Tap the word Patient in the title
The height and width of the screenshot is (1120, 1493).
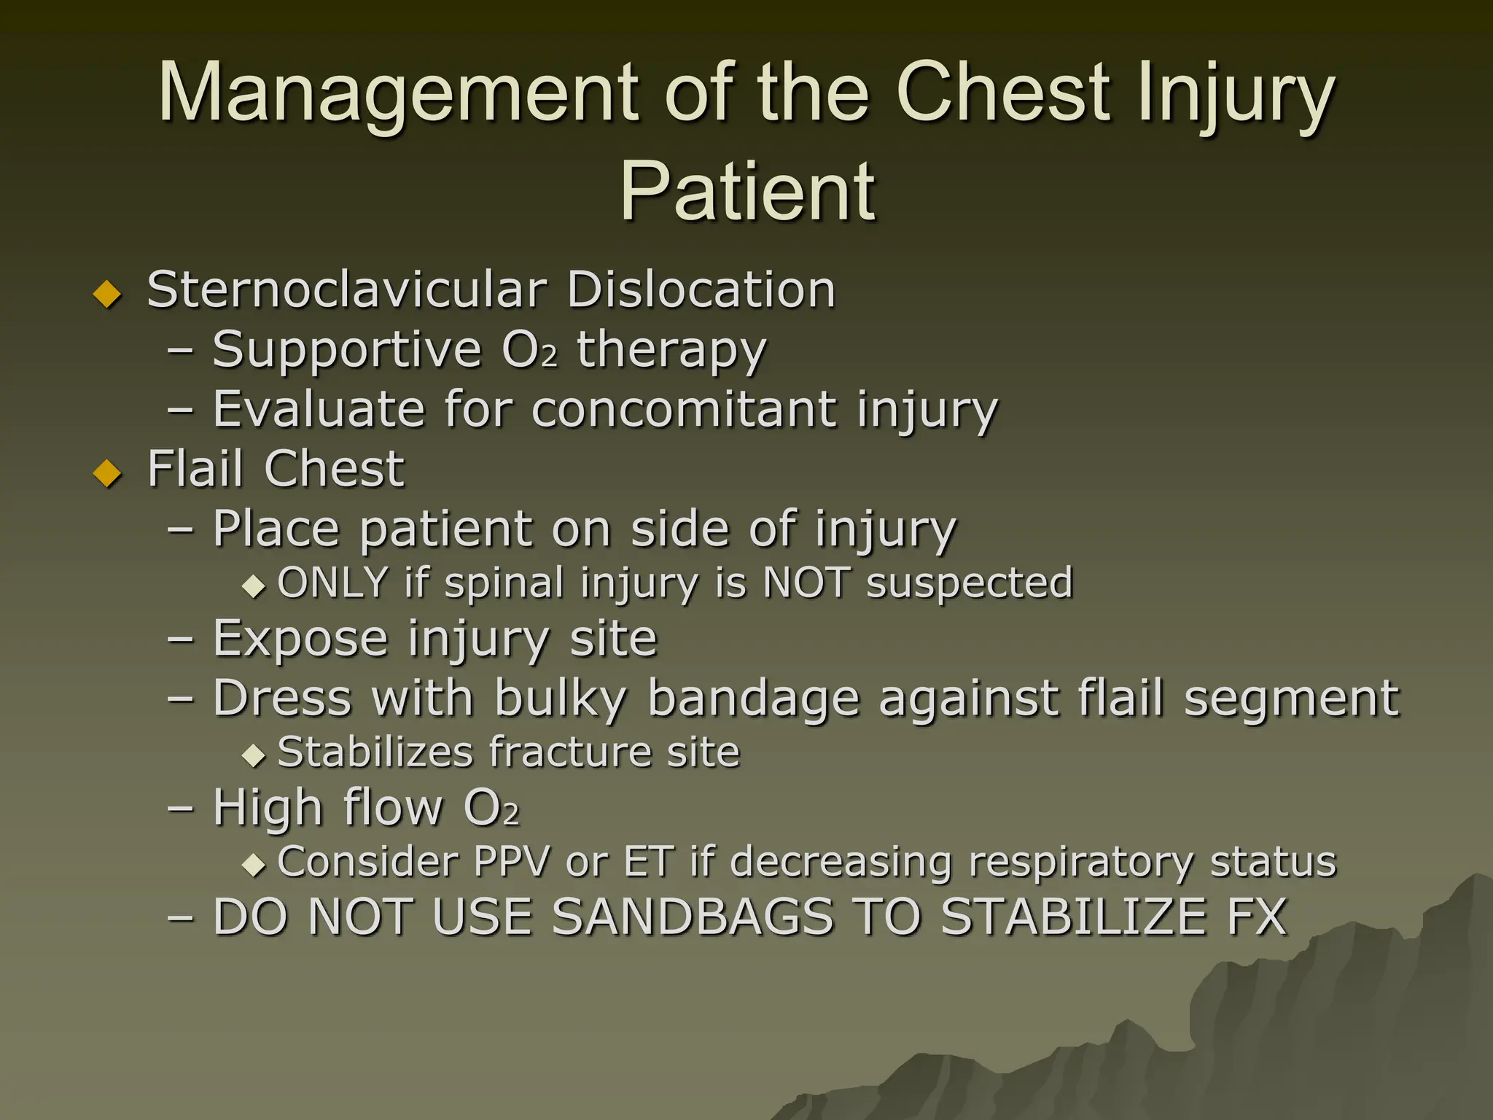click(x=747, y=191)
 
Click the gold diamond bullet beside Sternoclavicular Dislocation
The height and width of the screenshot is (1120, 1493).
click(x=108, y=294)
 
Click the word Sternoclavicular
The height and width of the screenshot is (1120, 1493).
click(x=346, y=289)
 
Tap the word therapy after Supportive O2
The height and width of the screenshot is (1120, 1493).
click(x=671, y=351)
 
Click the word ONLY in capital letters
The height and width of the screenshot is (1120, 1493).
click(x=332, y=583)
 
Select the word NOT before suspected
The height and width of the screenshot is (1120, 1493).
click(x=806, y=583)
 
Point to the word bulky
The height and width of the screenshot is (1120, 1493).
click(x=560, y=699)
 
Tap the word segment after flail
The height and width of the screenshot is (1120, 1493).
click(x=1291, y=699)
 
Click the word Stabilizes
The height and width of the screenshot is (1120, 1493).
click(x=375, y=752)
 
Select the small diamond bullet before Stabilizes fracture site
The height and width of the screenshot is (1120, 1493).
click(x=254, y=755)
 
